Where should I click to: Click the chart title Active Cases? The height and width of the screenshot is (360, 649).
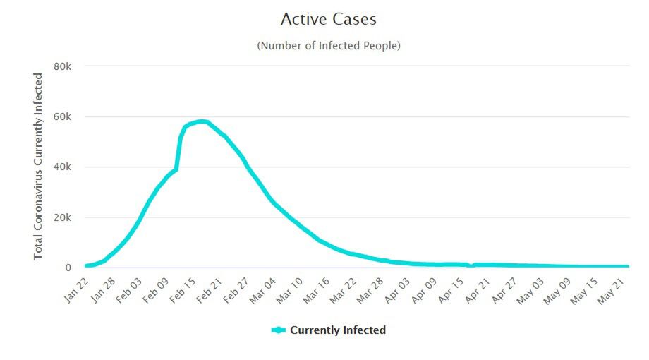click(x=328, y=18)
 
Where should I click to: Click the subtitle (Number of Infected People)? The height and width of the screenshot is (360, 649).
click(x=329, y=46)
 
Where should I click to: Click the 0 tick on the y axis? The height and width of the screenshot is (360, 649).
click(x=68, y=268)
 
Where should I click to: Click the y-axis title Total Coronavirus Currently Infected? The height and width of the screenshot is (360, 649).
click(x=38, y=167)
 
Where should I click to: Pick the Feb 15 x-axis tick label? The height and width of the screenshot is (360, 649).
click(x=181, y=289)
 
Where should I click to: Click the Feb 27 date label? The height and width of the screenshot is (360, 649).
click(x=233, y=289)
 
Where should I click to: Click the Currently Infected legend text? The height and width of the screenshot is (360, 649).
click(x=337, y=330)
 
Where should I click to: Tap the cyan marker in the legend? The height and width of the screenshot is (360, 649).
click(x=277, y=330)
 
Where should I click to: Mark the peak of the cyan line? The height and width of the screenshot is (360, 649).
click(x=202, y=121)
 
